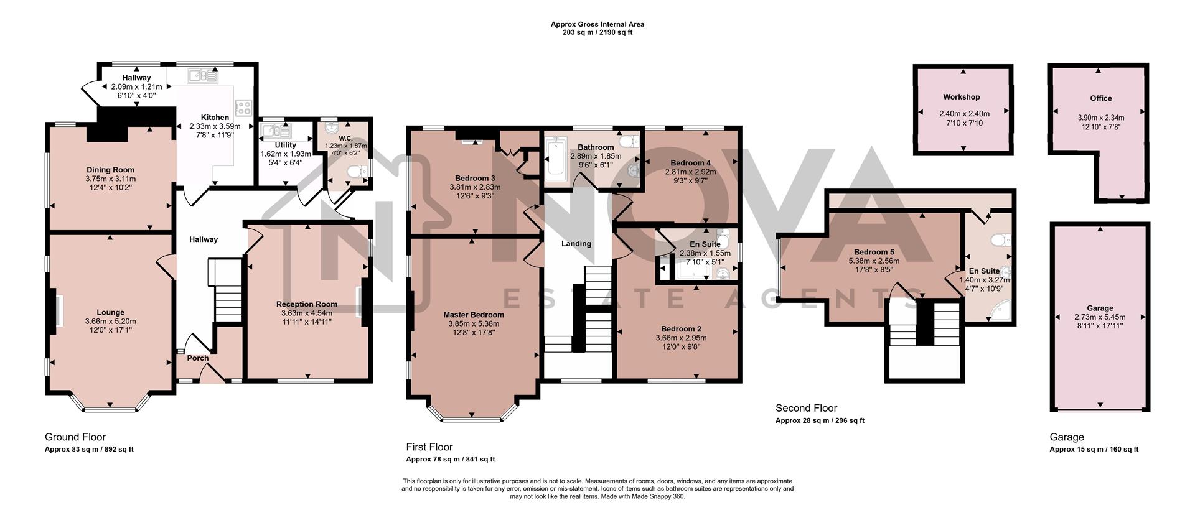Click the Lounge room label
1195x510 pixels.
(x=110, y=312)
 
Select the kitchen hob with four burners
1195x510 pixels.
(x=242, y=107)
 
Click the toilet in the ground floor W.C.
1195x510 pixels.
(x=355, y=172)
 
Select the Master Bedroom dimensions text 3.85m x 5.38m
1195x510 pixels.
(x=474, y=323)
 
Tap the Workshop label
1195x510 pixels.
(x=961, y=97)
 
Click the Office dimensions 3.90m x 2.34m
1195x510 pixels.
(x=1100, y=118)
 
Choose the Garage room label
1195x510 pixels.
(x=1100, y=308)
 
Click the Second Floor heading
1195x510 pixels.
(x=806, y=408)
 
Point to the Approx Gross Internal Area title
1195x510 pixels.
(x=597, y=24)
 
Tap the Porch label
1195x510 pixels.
(x=198, y=358)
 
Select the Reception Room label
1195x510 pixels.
(x=307, y=304)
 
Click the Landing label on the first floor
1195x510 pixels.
(x=576, y=243)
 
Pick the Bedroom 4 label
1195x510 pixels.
(x=690, y=163)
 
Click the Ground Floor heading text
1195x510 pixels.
(x=75, y=437)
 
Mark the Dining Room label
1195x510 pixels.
(x=110, y=170)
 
